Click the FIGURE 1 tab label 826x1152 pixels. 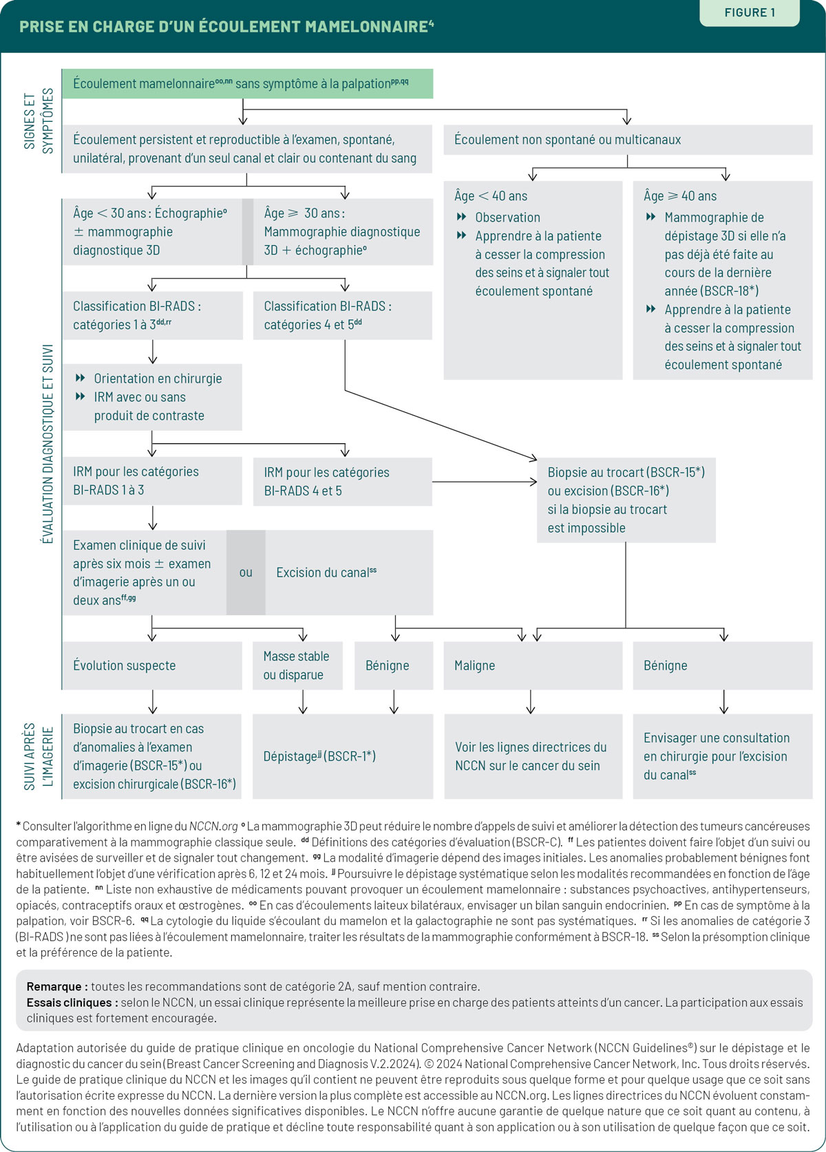[750, 12]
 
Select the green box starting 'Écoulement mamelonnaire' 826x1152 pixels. [247, 83]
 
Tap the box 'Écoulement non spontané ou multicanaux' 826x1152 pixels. [628, 140]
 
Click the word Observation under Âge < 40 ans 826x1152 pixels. [507, 217]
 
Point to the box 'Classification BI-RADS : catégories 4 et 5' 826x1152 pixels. [343, 315]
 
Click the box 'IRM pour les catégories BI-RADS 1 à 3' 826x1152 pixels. [151, 481]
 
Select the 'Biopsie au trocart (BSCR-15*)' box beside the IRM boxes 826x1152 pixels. [626, 500]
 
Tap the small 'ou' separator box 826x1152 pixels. [246, 573]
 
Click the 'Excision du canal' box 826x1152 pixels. [349, 573]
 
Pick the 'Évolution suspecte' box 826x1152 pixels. [151, 665]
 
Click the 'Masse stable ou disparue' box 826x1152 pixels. [297, 665]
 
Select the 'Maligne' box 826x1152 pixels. [533, 665]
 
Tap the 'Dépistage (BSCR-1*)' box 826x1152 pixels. [343, 756]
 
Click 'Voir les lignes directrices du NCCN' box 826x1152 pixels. [533, 756]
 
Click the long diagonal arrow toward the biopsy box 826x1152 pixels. [441, 425]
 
